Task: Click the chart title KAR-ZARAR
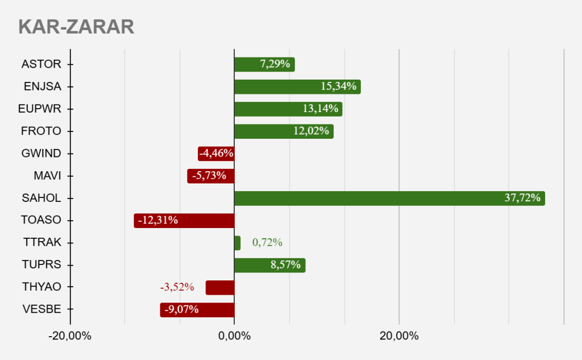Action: point(76,27)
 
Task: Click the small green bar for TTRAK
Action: point(237,243)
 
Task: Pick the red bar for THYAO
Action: point(220,287)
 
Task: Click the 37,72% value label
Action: point(522,198)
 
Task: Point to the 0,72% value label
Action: point(267,243)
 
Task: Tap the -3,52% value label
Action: point(177,287)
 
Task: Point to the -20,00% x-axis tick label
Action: point(70,336)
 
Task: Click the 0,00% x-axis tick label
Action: point(234,336)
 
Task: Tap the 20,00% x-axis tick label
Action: point(398,336)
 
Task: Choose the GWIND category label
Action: point(40,154)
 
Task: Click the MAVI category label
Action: point(47,176)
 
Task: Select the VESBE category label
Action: point(41,309)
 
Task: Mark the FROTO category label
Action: point(40,131)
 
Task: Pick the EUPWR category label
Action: point(40,109)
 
